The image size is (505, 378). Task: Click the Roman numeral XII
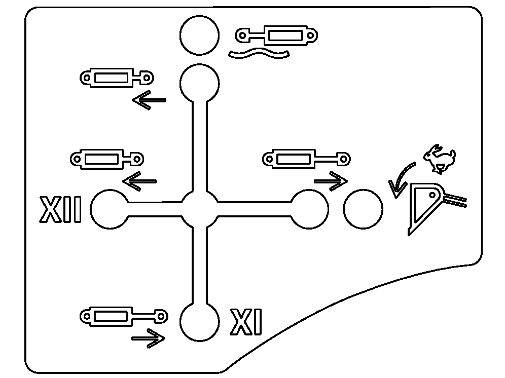[60, 210]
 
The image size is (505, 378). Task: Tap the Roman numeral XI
[246, 322]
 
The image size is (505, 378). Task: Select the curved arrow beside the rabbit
[401, 179]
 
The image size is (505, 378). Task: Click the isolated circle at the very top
[200, 35]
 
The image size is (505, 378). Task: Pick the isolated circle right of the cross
[363, 209]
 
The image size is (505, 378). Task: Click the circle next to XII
[110, 210]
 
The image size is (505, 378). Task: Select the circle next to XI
[200, 322]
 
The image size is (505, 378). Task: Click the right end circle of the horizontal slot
[309, 210]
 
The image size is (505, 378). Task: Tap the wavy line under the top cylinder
[259, 53]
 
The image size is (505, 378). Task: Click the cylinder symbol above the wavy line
[276, 36]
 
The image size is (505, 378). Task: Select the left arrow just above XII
[139, 181]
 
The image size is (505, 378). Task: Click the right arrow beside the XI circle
[149, 337]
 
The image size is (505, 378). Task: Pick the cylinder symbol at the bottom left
[123, 317]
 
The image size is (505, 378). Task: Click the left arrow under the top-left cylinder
[149, 100]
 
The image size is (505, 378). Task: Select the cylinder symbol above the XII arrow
[106, 159]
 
